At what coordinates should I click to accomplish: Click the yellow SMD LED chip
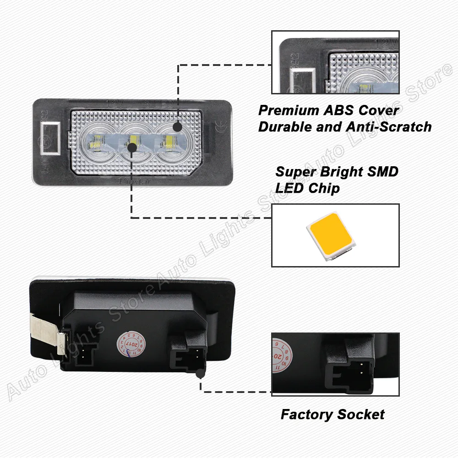coord(330,235)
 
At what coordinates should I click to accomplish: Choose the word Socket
coord(360,415)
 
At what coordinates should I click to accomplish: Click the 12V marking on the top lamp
coord(113,103)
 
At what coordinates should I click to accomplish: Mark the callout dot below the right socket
coord(200,374)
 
